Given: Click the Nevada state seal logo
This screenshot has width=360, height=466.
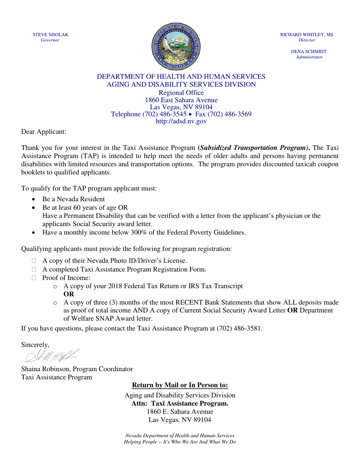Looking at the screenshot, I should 176,46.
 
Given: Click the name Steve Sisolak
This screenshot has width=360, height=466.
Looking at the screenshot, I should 50,34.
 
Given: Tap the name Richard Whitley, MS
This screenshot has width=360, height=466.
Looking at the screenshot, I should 307,34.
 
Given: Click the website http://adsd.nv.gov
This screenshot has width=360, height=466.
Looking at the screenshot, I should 181,121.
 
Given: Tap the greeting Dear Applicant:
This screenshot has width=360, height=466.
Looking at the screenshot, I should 43,131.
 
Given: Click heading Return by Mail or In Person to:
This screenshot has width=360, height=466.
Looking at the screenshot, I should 180,386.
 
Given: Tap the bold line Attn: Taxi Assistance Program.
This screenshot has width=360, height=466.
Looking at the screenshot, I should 180,403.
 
